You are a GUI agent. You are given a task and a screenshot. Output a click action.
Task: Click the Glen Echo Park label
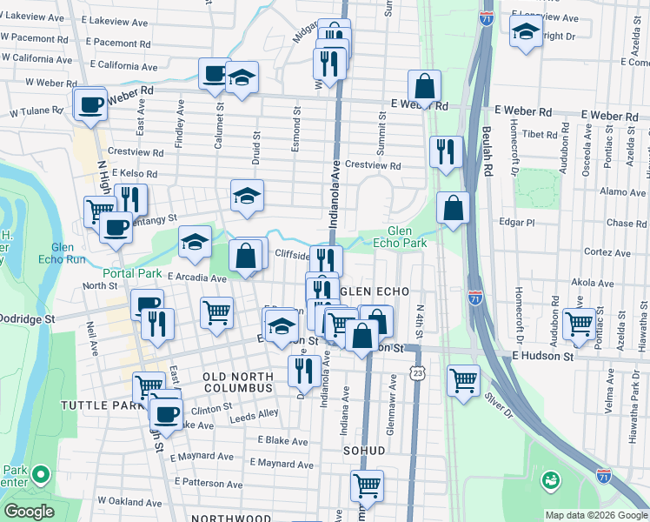406,237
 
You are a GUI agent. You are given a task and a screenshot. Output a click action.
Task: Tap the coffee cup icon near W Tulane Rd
91,105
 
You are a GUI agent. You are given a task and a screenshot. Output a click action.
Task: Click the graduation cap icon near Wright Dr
526,34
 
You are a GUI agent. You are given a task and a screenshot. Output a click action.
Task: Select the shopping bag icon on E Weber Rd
424,87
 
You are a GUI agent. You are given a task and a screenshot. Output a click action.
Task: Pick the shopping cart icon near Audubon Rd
579,324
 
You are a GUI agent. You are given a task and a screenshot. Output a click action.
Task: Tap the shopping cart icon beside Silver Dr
464,380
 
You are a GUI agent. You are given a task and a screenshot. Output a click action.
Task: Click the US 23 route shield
419,372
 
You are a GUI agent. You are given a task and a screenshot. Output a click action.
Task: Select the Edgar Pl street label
516,222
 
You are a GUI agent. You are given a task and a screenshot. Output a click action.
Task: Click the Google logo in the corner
29,511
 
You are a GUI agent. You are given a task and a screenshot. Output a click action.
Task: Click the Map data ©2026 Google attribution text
595,515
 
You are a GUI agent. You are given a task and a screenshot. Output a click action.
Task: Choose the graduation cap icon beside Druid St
247,196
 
